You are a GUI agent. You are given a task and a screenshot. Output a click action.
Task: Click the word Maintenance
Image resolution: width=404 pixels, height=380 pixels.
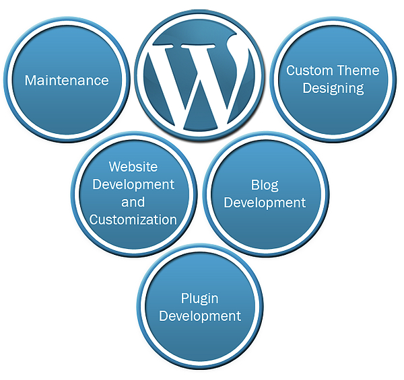pyautogui.click(x=67, y=81)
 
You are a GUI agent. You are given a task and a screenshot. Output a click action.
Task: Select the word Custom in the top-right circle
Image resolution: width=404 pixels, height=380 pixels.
pyautogui.click(x=310, y=71)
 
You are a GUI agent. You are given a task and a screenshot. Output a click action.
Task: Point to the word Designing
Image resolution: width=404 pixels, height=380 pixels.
pyautogui.click(x=333, y=88)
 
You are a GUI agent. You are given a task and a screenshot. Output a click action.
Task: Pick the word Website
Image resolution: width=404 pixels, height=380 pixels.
pyautogui.click(x=133, y=166)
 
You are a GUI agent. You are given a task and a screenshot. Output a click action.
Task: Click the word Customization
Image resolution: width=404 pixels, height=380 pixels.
pyautogui.click(x=133, y=220)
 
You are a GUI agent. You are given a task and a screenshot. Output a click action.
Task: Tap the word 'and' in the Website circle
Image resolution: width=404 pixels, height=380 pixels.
pyautogui.click(x=133, y=202)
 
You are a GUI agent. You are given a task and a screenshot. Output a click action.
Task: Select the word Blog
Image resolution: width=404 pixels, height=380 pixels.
pyautogui.click(x=265, y=185)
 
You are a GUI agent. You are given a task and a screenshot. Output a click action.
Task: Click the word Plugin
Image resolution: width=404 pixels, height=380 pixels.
pyautogui.click(x=199, y=299)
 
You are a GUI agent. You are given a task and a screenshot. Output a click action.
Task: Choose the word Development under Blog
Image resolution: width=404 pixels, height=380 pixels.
pyautogui.click(x=265, y=202)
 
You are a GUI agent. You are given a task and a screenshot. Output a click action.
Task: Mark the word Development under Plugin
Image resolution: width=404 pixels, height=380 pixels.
pyautogui.click(x=200, y=316)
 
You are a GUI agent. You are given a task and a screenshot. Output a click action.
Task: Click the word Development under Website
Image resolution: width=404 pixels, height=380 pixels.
pyautogui.click(x=133, y=184)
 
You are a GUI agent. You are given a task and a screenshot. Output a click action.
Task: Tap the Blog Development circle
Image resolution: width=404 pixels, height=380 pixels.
pyautogui.click(x=265, y=225)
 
